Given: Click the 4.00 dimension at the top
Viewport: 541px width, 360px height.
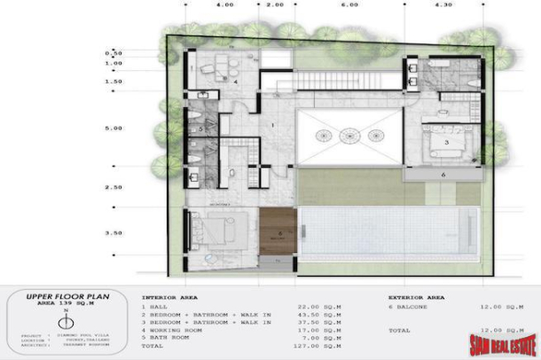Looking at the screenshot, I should pos(225,4).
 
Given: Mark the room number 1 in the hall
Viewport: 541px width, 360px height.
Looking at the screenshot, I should pos(274,124).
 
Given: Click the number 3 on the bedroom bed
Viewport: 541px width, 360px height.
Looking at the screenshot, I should pos(447,142).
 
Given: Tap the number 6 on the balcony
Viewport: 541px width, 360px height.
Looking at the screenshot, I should pos(443,175).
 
